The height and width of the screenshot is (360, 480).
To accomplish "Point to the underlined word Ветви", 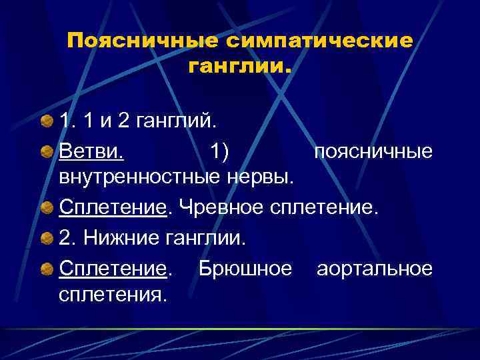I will tap(91, 153).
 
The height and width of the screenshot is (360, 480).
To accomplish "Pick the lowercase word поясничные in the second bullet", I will tap(373, 153).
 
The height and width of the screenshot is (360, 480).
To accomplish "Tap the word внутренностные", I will tap(140, 178).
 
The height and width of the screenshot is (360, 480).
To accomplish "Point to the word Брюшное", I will tap(245, 268).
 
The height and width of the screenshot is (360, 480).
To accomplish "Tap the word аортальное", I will tap(375, 268).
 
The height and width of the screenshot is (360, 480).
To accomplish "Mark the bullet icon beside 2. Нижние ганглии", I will tap(47, 237).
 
